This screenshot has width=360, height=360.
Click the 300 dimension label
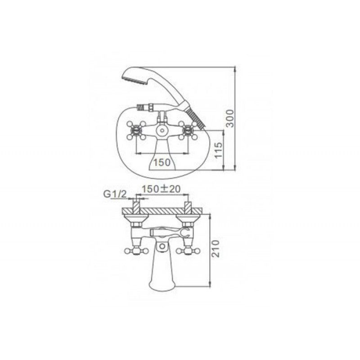pyautogui.click(x=230, y=118)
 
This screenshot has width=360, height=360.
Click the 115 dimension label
pyautogui.click(x=218, y=150)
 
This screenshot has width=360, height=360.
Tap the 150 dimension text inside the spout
pyautogui.click(x=162, y=162)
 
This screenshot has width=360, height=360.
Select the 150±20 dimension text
pyautogui.click(x=161, y=189)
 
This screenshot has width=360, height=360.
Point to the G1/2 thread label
pyautogui.click(x=115, y=194)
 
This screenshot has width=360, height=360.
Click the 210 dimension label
pyautogui.click(x=216, y=249)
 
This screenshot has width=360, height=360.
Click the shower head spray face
pyautogui.click(x=136, y=81)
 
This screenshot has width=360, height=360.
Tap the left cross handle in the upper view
pyautogui.click(x=136, y=130)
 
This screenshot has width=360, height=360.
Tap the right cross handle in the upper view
pyautogui.click(x=188, y=130)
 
